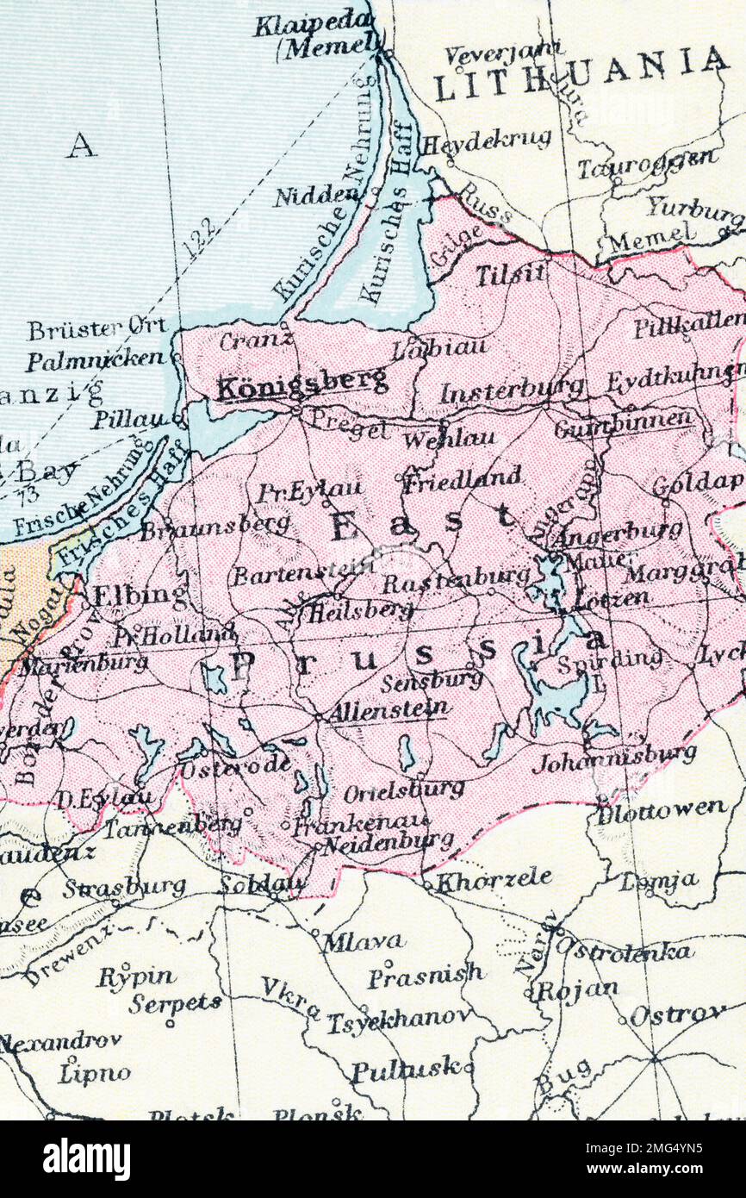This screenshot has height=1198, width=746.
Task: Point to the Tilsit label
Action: (510, 274)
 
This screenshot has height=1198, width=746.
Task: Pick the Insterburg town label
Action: (510, 391)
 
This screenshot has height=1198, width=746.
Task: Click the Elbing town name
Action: (140, 595)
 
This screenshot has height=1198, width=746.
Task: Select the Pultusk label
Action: (405, 1071)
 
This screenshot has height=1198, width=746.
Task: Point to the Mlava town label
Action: (363, 942)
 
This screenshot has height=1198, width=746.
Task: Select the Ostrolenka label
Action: (623, 950)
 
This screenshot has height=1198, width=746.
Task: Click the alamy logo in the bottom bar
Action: (86, 1159)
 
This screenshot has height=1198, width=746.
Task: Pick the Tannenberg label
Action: (172, 826)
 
